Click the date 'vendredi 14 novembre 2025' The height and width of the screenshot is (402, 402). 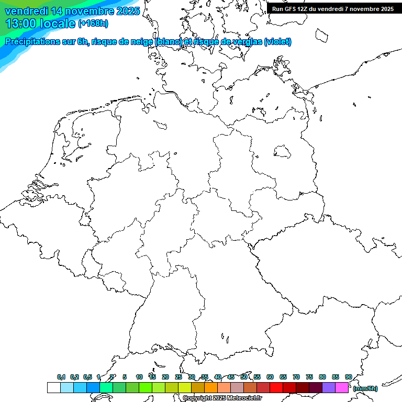click(72, 11)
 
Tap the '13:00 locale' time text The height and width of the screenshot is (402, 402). click(41, 23)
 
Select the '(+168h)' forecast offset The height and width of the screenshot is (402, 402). click(93, 24)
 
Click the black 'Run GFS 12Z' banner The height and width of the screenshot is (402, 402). click(333, 8)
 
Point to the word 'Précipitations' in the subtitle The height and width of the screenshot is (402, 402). click(32, 42)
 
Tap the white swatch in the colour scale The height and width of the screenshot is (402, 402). click(53, 388)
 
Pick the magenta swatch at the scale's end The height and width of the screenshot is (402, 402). click(342, 388)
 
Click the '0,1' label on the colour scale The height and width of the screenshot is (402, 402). click(61, 377)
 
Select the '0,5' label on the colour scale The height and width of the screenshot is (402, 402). click(87, 377)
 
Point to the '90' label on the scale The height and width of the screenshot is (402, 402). click(349, 377)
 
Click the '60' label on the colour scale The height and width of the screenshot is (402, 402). click(270, 377)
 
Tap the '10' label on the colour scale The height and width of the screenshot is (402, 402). click(139, 377)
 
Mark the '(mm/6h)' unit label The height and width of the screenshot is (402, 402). click(365, 388)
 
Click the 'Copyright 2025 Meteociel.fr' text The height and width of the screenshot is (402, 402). click(222, 398)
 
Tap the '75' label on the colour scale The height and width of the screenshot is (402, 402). click(309, 377)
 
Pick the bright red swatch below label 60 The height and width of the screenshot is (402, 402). click(276, 388)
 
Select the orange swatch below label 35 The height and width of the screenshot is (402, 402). click(211, 388)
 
